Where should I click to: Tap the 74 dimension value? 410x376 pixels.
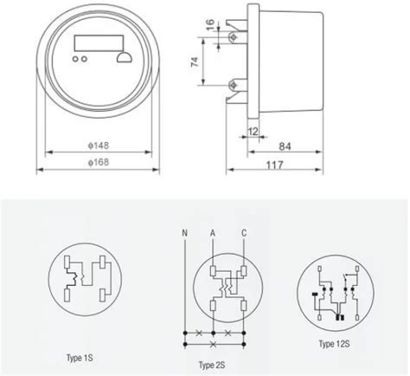click(x=196, y=62)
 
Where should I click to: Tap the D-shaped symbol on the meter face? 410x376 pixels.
click(x=123, y=58)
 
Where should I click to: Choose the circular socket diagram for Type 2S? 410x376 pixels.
click(x=227, y=287)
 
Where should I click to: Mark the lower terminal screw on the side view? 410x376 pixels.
click(x=234, y=85)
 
